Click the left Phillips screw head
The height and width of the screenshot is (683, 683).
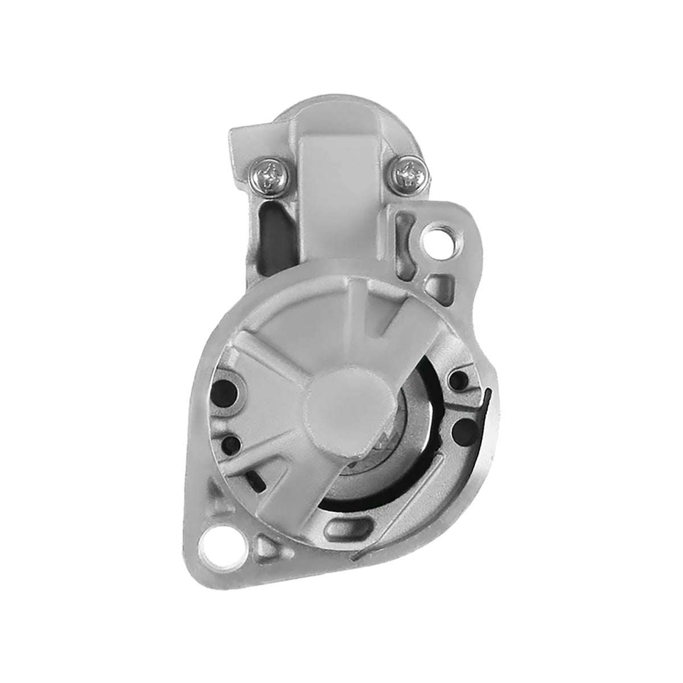269,171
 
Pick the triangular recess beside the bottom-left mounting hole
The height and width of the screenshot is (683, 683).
265,546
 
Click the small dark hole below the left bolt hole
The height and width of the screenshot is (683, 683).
233,442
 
